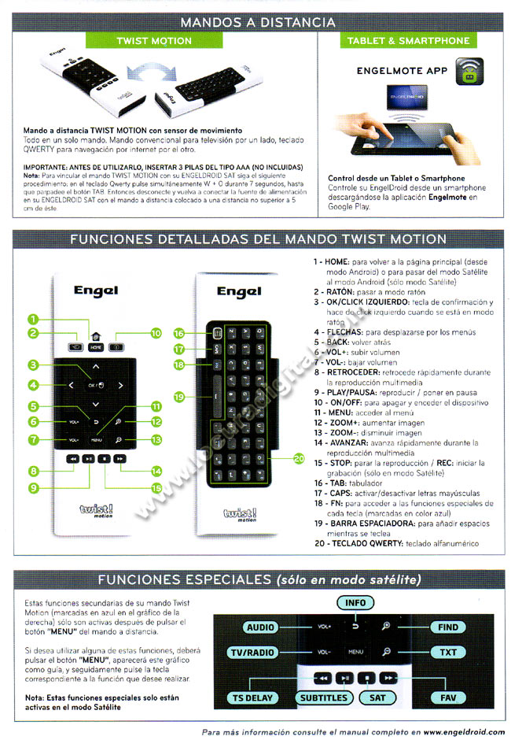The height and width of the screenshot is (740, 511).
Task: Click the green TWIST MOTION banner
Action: (154, 41)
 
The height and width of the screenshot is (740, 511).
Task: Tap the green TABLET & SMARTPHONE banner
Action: (408, 40)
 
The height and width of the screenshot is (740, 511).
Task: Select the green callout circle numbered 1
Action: (33, 319)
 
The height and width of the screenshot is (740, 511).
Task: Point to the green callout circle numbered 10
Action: (156, 333)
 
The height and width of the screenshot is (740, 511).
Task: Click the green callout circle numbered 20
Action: (298, 459)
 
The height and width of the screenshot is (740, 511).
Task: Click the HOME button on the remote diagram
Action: (96, 346)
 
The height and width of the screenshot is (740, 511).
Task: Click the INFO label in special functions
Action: (356, 602)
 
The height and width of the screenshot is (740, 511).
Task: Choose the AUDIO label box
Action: (261, 627)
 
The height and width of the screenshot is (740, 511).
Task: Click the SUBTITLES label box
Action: (323, 697)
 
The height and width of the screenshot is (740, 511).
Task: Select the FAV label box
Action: (448, 697)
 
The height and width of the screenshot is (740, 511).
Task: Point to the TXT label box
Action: (448, 653)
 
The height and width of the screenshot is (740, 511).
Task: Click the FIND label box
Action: (448, 627)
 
